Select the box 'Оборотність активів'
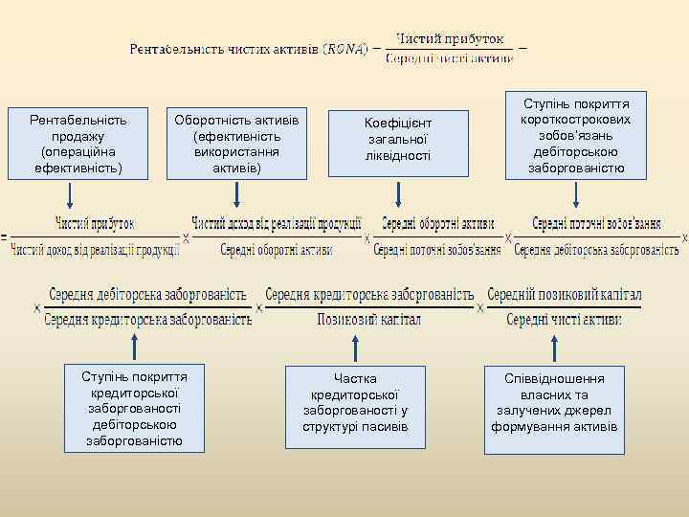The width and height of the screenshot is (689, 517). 235,144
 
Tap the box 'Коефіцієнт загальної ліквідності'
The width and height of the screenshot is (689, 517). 398,140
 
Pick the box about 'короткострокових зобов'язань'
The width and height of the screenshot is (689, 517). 575,135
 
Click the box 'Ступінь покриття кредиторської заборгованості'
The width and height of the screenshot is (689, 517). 136,407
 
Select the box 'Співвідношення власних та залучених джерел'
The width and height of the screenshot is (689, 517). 555,403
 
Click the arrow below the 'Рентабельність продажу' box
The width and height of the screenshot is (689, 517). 71,195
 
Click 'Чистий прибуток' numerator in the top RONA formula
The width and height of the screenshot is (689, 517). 449,39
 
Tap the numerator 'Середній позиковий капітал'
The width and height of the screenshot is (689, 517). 565,294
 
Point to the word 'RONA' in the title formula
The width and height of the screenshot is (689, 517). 345,48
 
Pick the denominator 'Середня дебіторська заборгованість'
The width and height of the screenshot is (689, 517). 597,250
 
